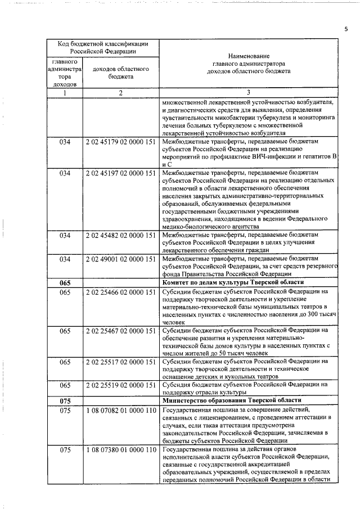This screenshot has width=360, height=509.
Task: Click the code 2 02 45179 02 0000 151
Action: point(121,142)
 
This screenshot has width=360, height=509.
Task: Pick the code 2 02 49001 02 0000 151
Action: point(121,259)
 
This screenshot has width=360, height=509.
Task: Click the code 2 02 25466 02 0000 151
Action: point(121,292)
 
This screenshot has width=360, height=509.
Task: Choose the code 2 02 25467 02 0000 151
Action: point(121,331)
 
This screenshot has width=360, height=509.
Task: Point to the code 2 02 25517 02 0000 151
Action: point(121,362)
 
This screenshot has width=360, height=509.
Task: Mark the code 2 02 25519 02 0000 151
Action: point(121,385)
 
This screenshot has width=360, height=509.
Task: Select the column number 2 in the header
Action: point(120,93)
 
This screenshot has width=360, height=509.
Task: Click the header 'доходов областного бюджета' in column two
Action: point(120,73)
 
